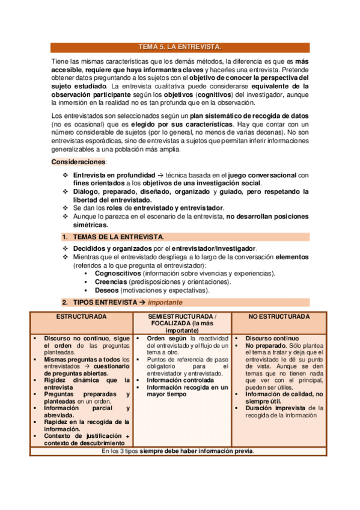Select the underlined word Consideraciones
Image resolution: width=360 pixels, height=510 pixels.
78,162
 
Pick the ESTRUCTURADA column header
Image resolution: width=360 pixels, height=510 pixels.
82,316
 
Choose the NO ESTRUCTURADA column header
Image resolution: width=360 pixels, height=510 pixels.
279,316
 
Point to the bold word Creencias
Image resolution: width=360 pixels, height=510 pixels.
110,281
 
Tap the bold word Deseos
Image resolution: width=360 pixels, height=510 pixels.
106,290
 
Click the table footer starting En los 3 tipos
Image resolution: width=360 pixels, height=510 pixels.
178,451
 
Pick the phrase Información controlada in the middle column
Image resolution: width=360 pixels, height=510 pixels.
180,380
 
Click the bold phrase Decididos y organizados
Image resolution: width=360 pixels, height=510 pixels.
111,248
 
